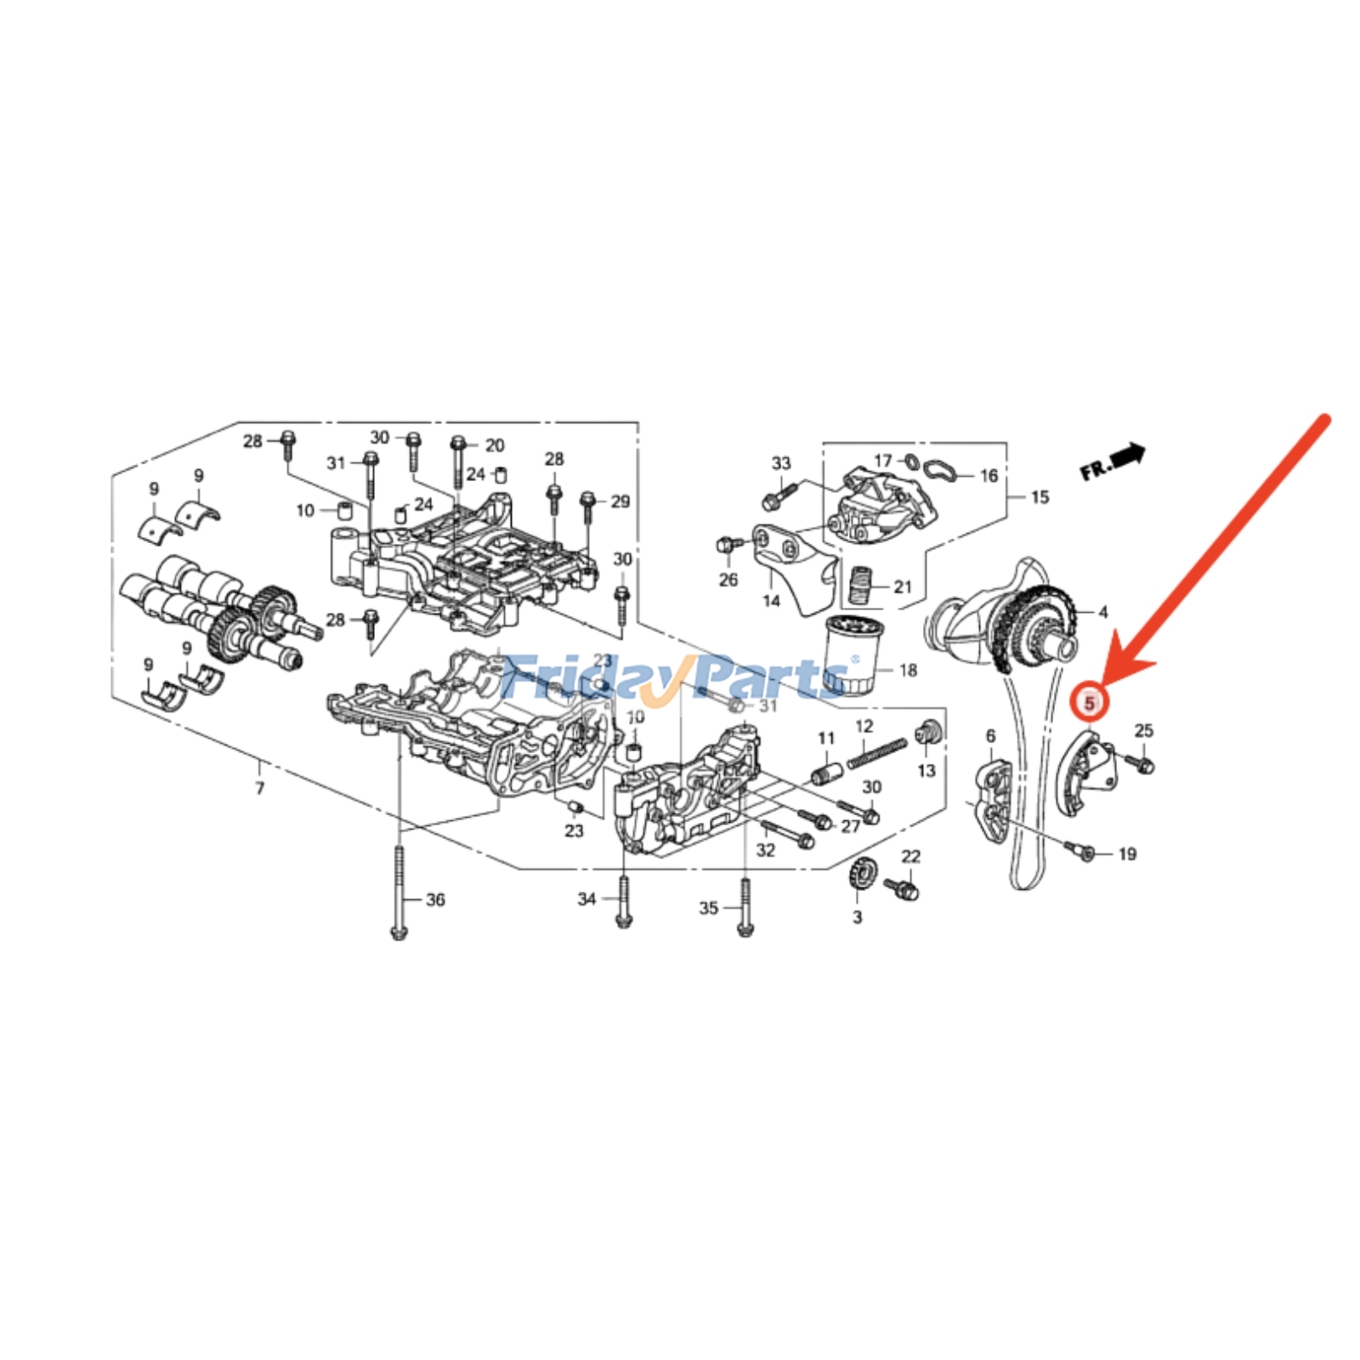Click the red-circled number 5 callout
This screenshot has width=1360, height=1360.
tap(1089, 703)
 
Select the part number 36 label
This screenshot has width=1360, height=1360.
tap(435, 899)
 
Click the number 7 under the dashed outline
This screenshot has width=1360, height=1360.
tap(260, 788)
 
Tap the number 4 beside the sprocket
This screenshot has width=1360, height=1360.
tap(1103, 612)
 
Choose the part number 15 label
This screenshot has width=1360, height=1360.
tap(1040, 497)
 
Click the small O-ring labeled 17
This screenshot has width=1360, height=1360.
tap(910, 462)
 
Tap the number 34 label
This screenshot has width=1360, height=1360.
tap(586, 898)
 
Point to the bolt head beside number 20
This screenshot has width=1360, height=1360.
tap(459, 443)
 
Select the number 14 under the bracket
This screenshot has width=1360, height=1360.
tap(771, 601)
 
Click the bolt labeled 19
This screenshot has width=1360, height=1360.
tap(1087, 853)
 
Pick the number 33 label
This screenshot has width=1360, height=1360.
tap(781, 463)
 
